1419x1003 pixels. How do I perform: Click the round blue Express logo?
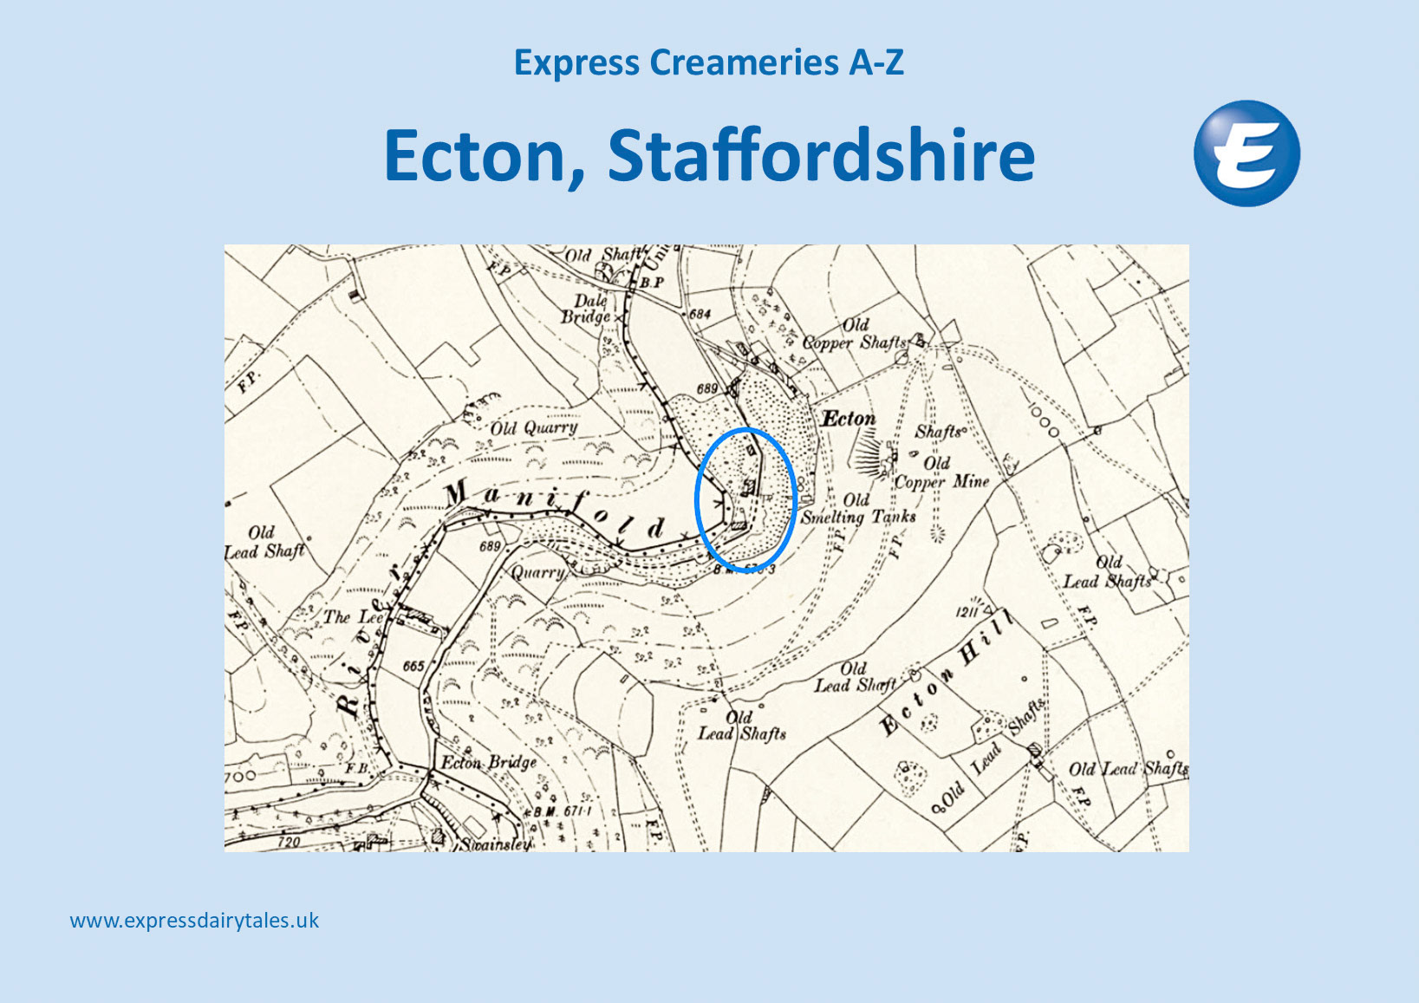point(1247,153)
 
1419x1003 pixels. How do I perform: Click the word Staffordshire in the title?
point(822,155)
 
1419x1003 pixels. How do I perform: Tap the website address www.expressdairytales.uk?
point(194,921)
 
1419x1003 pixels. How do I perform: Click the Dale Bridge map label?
point(587,309)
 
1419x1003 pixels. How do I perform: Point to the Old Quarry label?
point(533,427)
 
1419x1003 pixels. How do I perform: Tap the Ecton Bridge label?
point(489,763)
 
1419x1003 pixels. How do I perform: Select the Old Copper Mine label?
point(941,473)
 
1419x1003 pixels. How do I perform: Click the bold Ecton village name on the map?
point(849,419)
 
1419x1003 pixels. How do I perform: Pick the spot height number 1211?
point(968,612)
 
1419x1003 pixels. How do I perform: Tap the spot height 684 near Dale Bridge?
point(699,314)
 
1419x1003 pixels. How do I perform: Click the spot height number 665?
point(413,666)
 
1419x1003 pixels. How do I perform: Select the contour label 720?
point(288,842)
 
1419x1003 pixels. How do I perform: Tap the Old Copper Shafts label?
point(854,335)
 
